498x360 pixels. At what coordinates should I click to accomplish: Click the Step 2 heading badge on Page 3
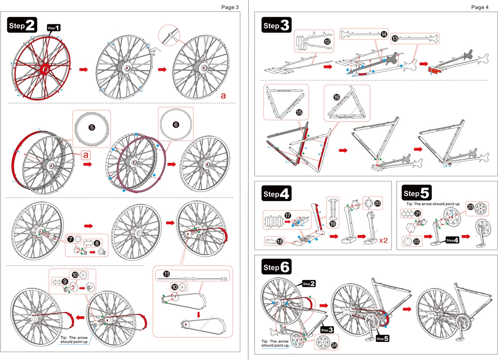pyautogui.click(x=22, y=26)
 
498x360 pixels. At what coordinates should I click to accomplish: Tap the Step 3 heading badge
pyautogui.click(x=277, y=26)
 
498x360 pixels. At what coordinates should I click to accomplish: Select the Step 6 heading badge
pyautogui.click(x=277, y=267)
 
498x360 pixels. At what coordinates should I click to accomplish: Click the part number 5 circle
pyautogui.click(x=91, y=127)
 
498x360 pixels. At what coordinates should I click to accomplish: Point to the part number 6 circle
pyautogui.click(x=176, y=125)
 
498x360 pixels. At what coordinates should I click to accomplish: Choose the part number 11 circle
pyautogui.click(x=166, y=274)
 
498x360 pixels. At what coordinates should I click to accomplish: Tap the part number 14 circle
pyautogui.click(x=384, y=35)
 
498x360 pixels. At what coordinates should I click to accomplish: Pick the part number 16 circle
pyautogui.click(x=337, y=96)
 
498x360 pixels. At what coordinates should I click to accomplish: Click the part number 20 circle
pyautogui.click(x=377, y=203)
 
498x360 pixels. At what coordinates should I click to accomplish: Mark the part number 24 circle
pyautogui.click(x=333, y=345)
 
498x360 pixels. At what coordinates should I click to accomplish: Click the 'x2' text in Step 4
pyautogui.click(x=384, y=240)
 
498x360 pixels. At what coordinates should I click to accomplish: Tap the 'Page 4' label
pyautogui.click(x=479, y=7)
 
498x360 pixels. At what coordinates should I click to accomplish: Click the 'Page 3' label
pyautogui.click(x=230, y=7)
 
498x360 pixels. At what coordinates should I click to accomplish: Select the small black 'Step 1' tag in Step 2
pyautogui.click(x=54, y=28)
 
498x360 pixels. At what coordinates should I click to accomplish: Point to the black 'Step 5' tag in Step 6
pyautogui.click(x=382, y=339)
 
